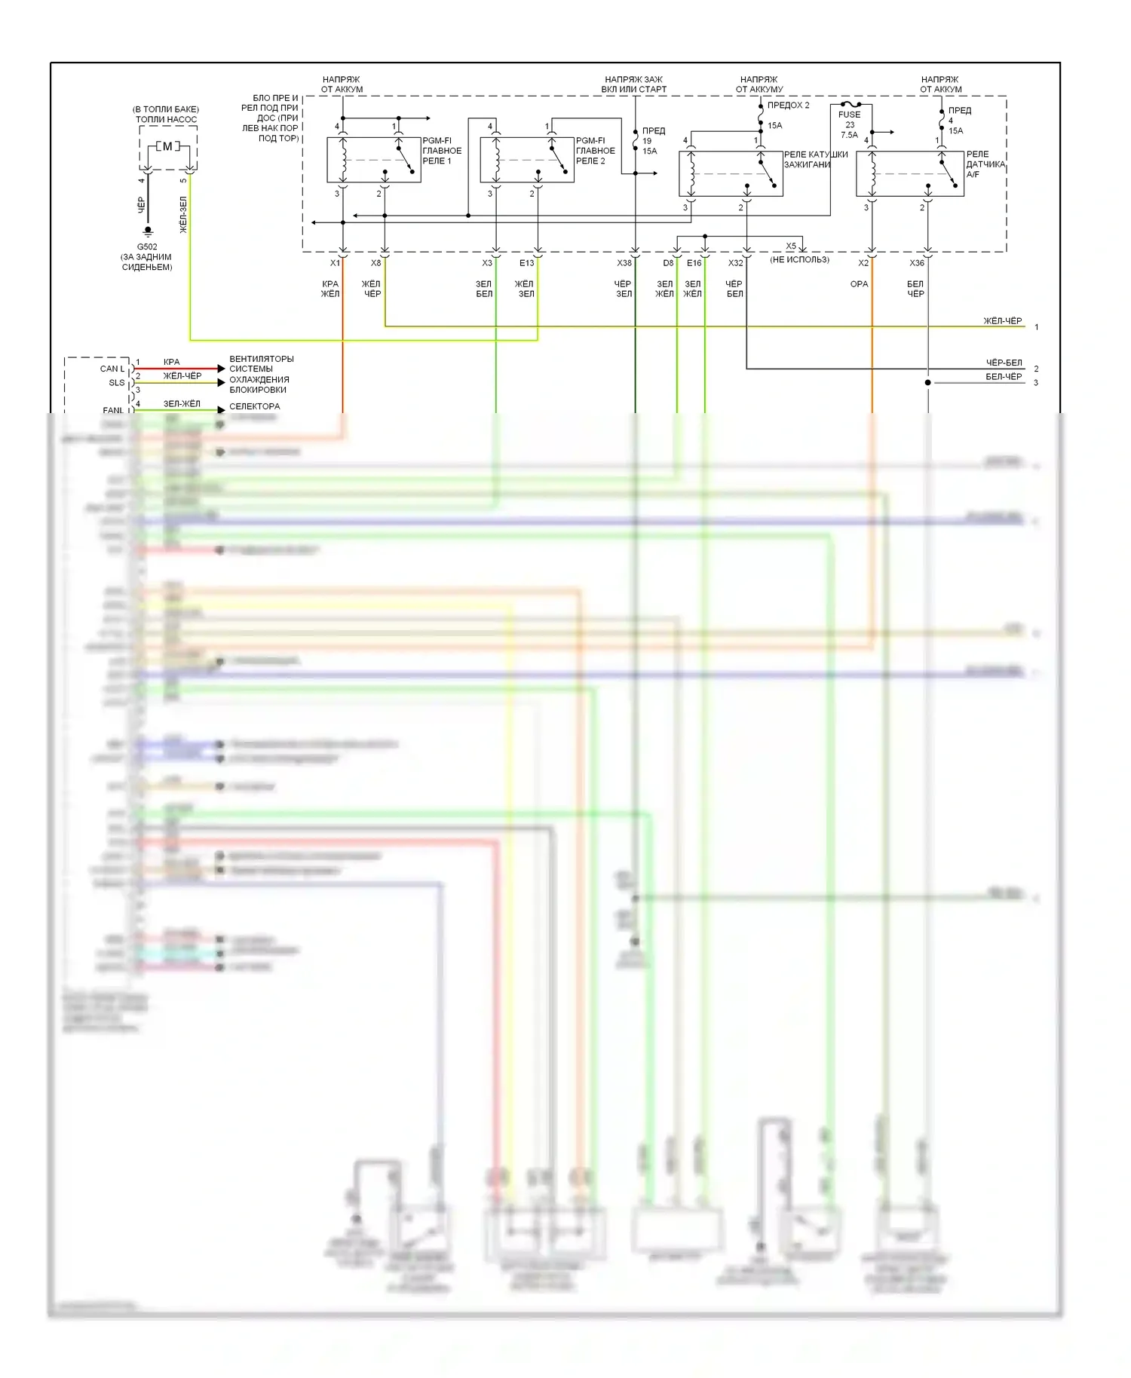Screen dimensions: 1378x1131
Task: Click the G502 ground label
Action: click(x=147, y=247)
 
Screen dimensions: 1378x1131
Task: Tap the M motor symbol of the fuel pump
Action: click(x=167, y=146)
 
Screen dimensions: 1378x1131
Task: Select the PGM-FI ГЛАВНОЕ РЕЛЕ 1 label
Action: click(x=442, y=151)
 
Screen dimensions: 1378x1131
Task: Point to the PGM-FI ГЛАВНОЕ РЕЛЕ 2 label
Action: click(x=596, y=151)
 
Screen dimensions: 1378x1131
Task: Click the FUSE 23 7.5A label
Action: click(x=850, y=124)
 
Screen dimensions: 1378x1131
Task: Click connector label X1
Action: click(x=335, y=263)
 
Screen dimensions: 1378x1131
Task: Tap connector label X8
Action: click(x=375, y=263)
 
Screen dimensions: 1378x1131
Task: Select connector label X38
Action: click(x=624, y=263)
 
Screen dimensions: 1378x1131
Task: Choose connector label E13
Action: click(x=526, y=263)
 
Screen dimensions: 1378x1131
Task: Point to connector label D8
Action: click(x=668, y=263)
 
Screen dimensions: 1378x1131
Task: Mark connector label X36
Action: click(x=916, y=263)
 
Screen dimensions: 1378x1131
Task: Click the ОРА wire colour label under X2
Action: click(x=859, y=284)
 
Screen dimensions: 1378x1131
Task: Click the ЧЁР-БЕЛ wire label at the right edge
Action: click(x=1004, y=363)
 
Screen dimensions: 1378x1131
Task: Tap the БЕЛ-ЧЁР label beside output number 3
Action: click(x=1004, y=377)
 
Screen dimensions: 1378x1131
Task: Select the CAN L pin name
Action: click(x=112, y=369)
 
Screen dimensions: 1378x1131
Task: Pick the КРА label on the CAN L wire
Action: click(x=172, y=362)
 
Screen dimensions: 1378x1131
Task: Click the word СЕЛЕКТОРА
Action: click(x=254, y=406)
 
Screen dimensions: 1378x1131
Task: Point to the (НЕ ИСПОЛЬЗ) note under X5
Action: click(x=799, y=259)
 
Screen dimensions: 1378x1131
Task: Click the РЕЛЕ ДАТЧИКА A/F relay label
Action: click(x=985, y=164)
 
